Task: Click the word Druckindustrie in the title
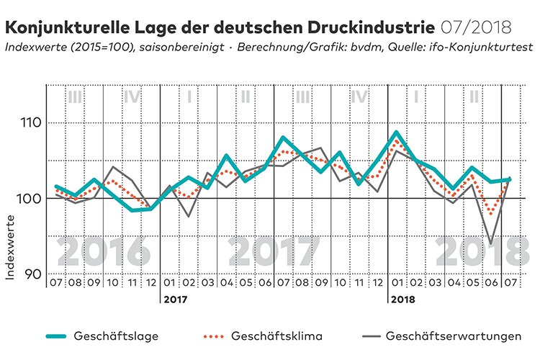click(x=372, y=27)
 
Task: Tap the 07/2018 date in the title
click(x=476, y=27)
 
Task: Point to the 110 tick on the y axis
click(x=31, y=122)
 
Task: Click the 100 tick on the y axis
click(x=30, y=199)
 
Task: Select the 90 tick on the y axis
click(x=34, y=274)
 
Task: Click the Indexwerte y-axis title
click(x=10, y=247)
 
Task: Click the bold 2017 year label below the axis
click(x=176, y=300)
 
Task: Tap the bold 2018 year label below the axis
click(x=403, y=300)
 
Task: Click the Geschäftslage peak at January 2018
click(x=397, y=132)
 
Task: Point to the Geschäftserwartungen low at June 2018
click(x=491, y=243)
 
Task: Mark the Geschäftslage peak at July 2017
click(x=283, y=138)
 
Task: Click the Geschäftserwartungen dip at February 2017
click(x=188, y=216)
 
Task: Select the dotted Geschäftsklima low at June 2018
click(x=491, y=213)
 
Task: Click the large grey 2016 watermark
click(x=104, y=251)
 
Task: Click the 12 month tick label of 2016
click(x=151, y=283)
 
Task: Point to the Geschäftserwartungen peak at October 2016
click(x=112, y=167)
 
